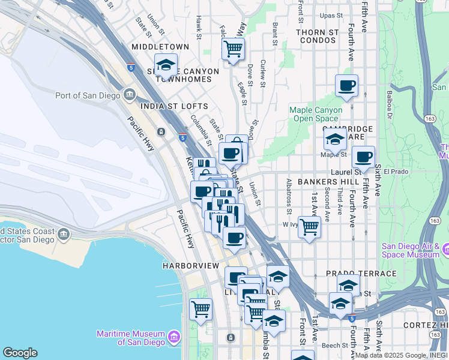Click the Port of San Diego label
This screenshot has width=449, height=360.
tap(88, 95)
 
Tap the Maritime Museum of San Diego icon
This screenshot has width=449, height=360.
tap(174, 338)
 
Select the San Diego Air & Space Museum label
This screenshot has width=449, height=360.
tap(416, 251)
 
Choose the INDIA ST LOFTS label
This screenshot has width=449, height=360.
tap(166, 106)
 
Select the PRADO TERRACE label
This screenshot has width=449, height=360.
tap(361, 274)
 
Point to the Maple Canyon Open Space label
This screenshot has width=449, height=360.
tap(316, 114)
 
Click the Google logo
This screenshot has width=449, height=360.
tap(20, 353)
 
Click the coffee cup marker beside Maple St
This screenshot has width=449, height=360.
tap(363, 158)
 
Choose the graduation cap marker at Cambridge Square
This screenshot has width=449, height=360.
tap(334, 140)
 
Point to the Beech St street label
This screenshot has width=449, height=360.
tap(334, 346)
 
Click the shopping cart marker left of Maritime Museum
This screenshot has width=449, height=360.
tap(200, 310)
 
